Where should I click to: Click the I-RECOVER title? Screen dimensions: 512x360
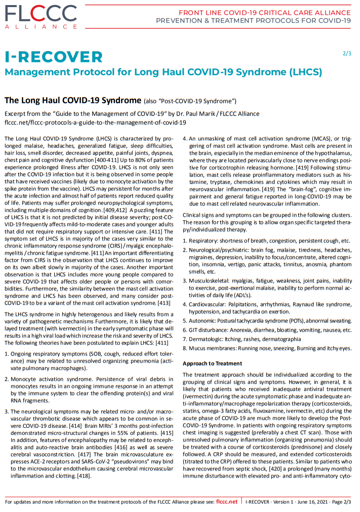(54, 57)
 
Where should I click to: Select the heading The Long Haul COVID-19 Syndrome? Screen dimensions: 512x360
(72, 100)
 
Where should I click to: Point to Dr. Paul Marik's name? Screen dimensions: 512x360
(186, 113)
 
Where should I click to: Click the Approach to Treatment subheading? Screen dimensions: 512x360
(212, 363)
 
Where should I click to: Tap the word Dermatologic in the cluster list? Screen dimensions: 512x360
(207, 339)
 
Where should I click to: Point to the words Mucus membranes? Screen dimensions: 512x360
(213, 348)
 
